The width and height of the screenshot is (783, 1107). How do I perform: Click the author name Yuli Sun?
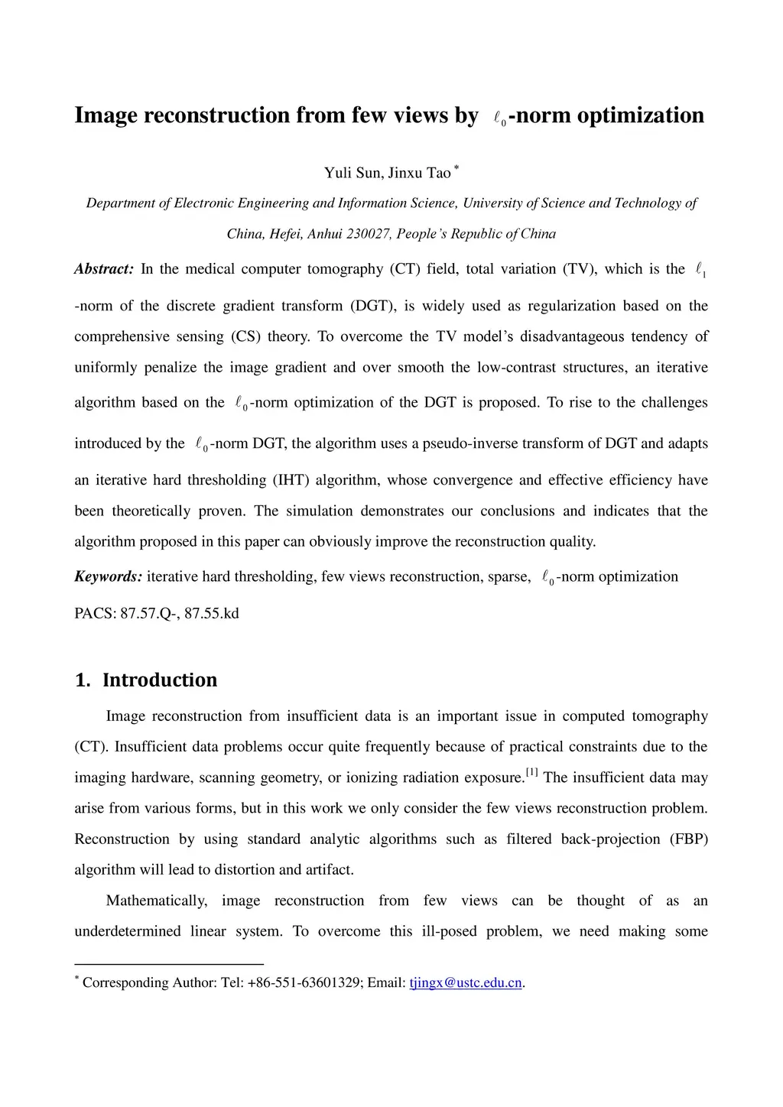(352, 173)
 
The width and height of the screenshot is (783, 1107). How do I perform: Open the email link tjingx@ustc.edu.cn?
(466, 982)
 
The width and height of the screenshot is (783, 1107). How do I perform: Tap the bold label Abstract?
(104, 269)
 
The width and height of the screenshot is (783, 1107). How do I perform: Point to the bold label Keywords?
(108, 576)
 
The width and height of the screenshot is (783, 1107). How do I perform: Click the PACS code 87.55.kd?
(212, 613)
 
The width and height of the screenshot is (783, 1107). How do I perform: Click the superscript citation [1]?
(531, 773)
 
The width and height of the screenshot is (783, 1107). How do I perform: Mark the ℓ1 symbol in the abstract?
(700, 270)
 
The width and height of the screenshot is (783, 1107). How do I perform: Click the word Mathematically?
(156, 901)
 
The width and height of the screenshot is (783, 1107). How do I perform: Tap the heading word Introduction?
(160, 680)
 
